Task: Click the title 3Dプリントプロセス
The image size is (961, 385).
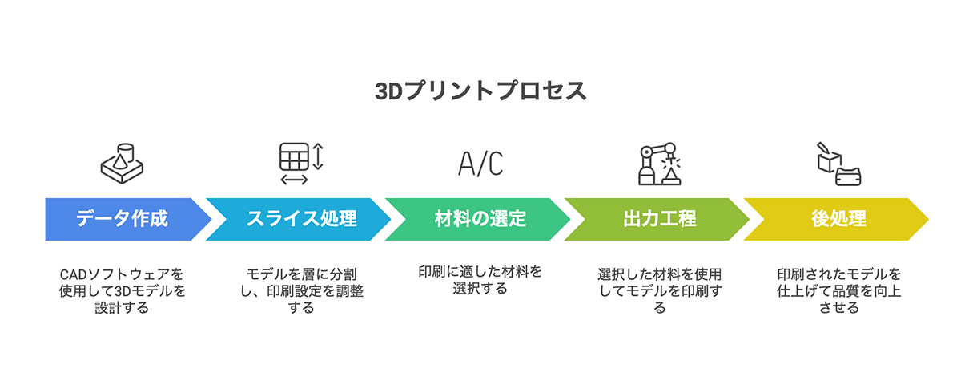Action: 480,90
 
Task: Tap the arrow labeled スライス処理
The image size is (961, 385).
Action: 301,219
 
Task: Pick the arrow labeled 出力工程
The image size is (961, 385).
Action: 659,219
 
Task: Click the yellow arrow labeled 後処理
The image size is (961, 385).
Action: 838,219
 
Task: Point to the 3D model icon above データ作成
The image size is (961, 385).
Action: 122,163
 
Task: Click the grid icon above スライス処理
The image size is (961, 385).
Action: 293,156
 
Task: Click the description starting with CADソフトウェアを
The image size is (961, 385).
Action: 122,290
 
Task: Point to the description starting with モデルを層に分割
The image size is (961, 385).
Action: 301,290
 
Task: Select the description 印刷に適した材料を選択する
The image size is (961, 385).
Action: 480,280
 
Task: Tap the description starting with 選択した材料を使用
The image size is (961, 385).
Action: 659,290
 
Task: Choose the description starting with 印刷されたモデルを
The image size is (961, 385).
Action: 838,290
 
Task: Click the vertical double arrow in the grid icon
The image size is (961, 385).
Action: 318,156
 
